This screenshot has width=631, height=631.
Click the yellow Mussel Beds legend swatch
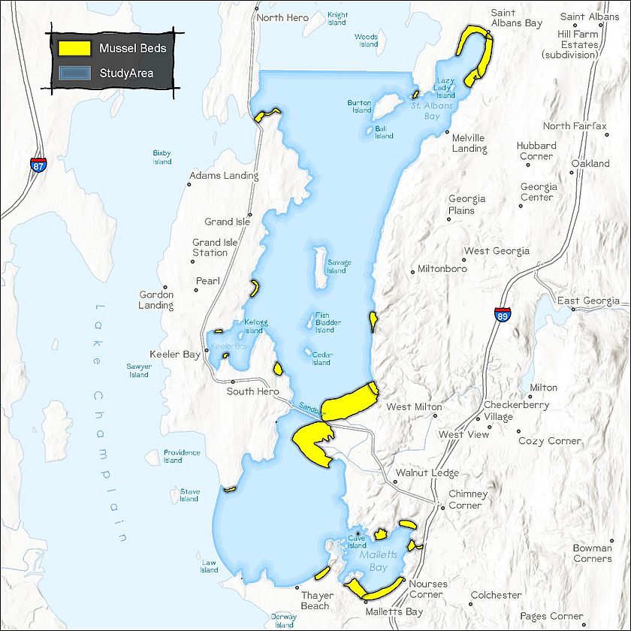pyautogui.click(x=75, y=48)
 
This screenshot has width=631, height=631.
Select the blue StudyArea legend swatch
pyautogui.click(x=75, y=73)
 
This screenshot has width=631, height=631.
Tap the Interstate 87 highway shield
pyautogui.click(x=38, y=165)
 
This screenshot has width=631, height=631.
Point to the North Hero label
pyautogui.click(x=282, y=17)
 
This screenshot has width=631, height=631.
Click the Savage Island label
pyautogui.click(x=338, y=267)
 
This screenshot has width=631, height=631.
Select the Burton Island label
pyautogui.click(x=360, y=107)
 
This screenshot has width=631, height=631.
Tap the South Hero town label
pyautogui.click(x=252, y=391)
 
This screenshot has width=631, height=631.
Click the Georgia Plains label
pyautogui.click(x=466, y=204)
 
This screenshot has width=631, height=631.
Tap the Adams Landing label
pyautogui.click(x=224, y=176)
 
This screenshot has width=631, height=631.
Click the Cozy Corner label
pyautogui.click(x=550, y=441)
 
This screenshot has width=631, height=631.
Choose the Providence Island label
pyautogui.click(x=182, y=456)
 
